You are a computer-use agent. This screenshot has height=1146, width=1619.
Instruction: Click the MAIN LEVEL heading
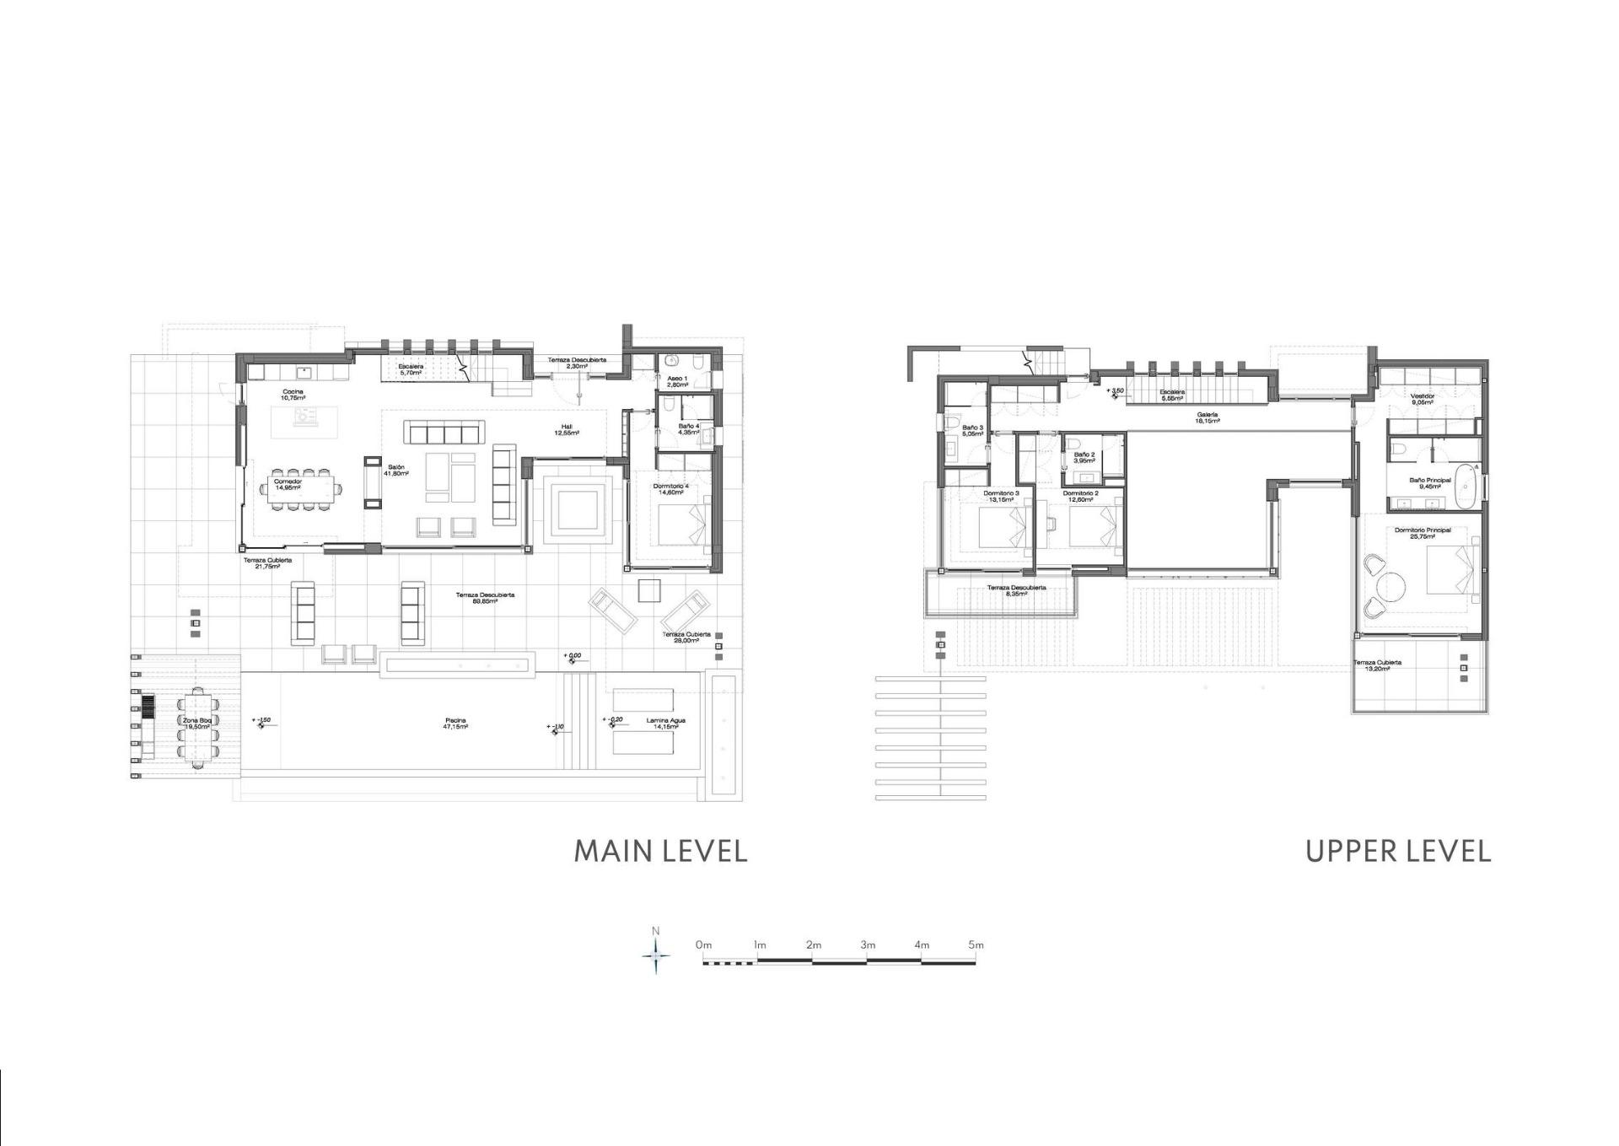[660, 850]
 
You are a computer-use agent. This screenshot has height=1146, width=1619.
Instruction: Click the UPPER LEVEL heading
[1398, 850]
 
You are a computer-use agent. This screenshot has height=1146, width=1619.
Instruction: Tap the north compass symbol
[656, 956]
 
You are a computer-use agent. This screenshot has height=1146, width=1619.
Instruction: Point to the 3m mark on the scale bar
[868, 945]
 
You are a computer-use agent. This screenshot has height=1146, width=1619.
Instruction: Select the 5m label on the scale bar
[976, 945]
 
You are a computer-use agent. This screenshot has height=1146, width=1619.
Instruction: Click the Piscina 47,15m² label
[455, 724]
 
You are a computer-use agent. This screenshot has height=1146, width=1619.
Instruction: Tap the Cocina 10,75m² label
[293, 394]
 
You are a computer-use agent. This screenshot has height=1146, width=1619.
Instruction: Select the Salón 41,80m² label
[396, 470]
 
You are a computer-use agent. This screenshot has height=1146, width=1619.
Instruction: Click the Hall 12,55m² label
[567, 429]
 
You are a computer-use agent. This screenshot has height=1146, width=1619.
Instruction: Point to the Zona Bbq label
[196, 723]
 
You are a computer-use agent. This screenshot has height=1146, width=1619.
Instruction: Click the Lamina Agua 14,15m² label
[665, 723]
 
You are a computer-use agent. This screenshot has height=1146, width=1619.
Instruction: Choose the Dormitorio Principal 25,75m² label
[1423, 533]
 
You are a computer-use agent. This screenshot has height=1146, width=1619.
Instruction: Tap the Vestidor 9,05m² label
[1422, 399]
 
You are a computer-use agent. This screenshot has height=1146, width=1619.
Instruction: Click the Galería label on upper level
[1207, 417]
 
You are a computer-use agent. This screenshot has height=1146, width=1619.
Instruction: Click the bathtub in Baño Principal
[1468, 487]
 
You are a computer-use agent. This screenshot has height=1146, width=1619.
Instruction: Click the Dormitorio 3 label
[1001, 496]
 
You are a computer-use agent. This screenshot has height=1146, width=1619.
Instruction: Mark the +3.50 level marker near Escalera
[1115, 392]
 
